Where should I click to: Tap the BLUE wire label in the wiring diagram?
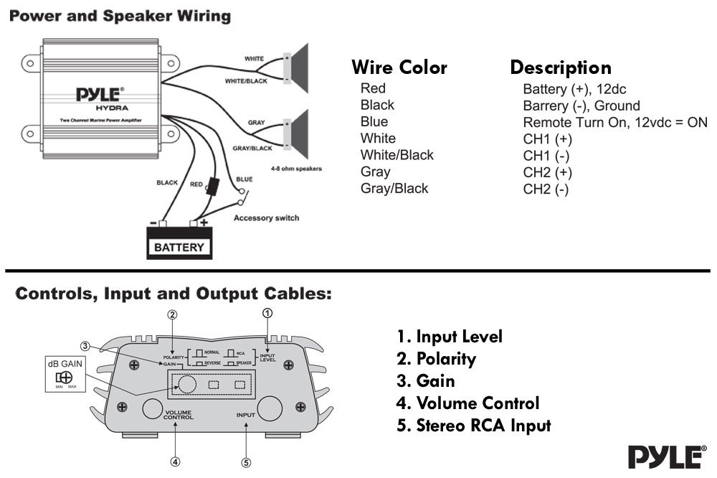244,179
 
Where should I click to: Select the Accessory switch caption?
266,217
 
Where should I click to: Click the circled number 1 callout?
267,313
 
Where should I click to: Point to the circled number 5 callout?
246,463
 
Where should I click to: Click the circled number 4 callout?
175,461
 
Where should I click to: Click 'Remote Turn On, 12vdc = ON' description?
615,122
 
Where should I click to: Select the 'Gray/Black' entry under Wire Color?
394,189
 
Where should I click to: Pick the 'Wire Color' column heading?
399,68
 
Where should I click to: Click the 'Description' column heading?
561,68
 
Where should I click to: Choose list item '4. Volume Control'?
467,403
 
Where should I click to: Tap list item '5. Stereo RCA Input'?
473,426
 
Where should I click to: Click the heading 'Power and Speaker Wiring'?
120,16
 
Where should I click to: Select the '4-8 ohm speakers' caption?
296,169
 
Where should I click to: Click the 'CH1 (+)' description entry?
548,139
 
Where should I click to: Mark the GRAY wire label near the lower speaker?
256,123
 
